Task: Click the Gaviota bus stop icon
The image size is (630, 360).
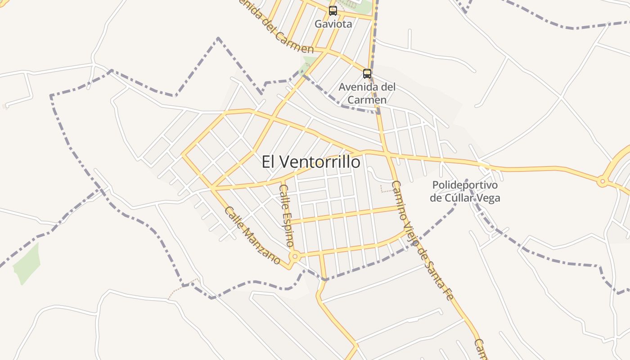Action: click(x=333, y=10)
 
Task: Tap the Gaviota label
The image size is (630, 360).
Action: click(x=333, y=24)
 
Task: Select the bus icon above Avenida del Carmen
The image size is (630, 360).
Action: click(x=367, y=73)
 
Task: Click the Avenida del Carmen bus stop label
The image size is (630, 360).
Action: click(x=367, y=93)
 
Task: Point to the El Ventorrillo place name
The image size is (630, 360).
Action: click(x=311, y=162)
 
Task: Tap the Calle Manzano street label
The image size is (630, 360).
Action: click(x=252, y=235)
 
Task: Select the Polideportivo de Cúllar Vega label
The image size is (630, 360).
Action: click(x=465, y=191)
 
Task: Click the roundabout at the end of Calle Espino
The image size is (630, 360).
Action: click(x=295, y=256)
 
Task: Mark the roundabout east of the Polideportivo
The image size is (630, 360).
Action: click(x=602, y=182)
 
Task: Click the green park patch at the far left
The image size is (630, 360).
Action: click(x=27, y=263)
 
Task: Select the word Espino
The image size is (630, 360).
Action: click(x=288, y=225)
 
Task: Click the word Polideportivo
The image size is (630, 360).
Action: click(x=465, y=185)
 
